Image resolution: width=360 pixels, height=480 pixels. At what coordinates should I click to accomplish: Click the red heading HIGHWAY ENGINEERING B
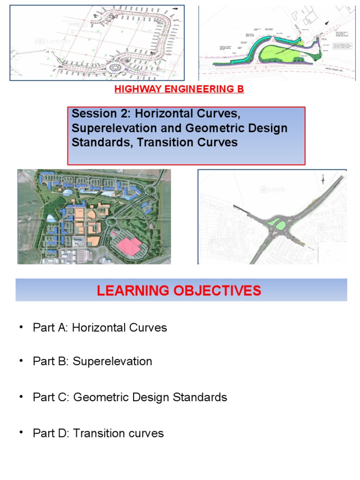(x=180, y=89)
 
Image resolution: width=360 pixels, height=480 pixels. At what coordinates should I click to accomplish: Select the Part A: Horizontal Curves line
(x=100, y=328)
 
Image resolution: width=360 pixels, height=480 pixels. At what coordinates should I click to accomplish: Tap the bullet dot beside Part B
(x=21, y=361)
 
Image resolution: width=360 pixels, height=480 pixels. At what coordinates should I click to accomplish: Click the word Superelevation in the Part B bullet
(x=112, y=362)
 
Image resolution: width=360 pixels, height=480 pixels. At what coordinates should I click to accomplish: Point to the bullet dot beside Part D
(x=21, y=433)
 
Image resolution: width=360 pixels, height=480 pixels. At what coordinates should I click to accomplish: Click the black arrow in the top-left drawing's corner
(x=175, y=8)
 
